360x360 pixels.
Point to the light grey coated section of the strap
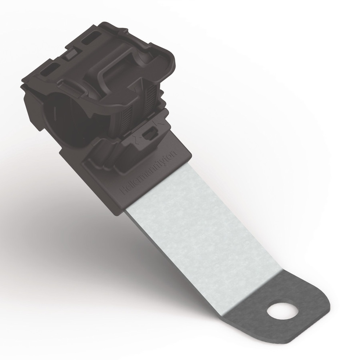(202, 234)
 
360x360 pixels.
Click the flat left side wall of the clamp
(31, 108)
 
